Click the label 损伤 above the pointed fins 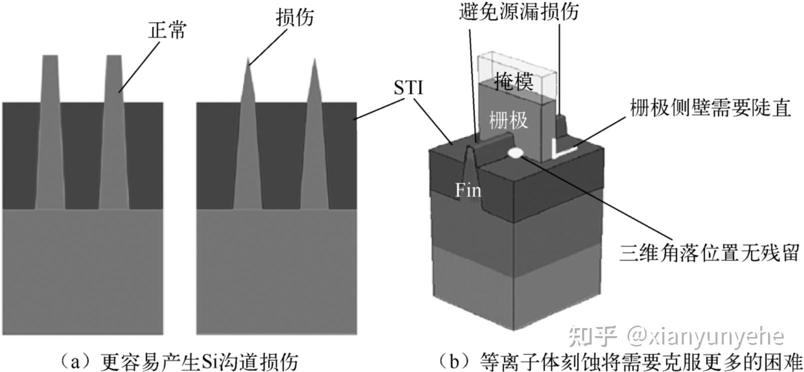[295, 17]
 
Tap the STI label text [408, 88]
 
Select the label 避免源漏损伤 [518, 11]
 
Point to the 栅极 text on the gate [508, 120]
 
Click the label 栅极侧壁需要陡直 [710, 108]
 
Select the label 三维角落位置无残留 [710, 252]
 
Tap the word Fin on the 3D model [468, 190]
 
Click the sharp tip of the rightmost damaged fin [314, 60]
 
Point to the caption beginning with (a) [180, 361]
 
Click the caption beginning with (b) [620, 361]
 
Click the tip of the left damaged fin [248, 59]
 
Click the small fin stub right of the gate [562, 122]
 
